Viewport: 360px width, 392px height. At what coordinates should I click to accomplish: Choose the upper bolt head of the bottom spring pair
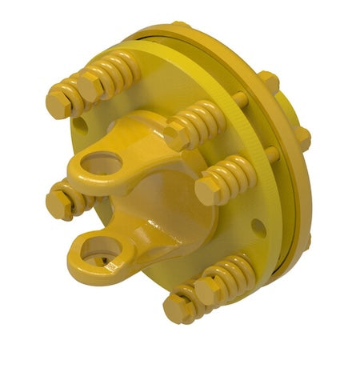pos(206,290)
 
